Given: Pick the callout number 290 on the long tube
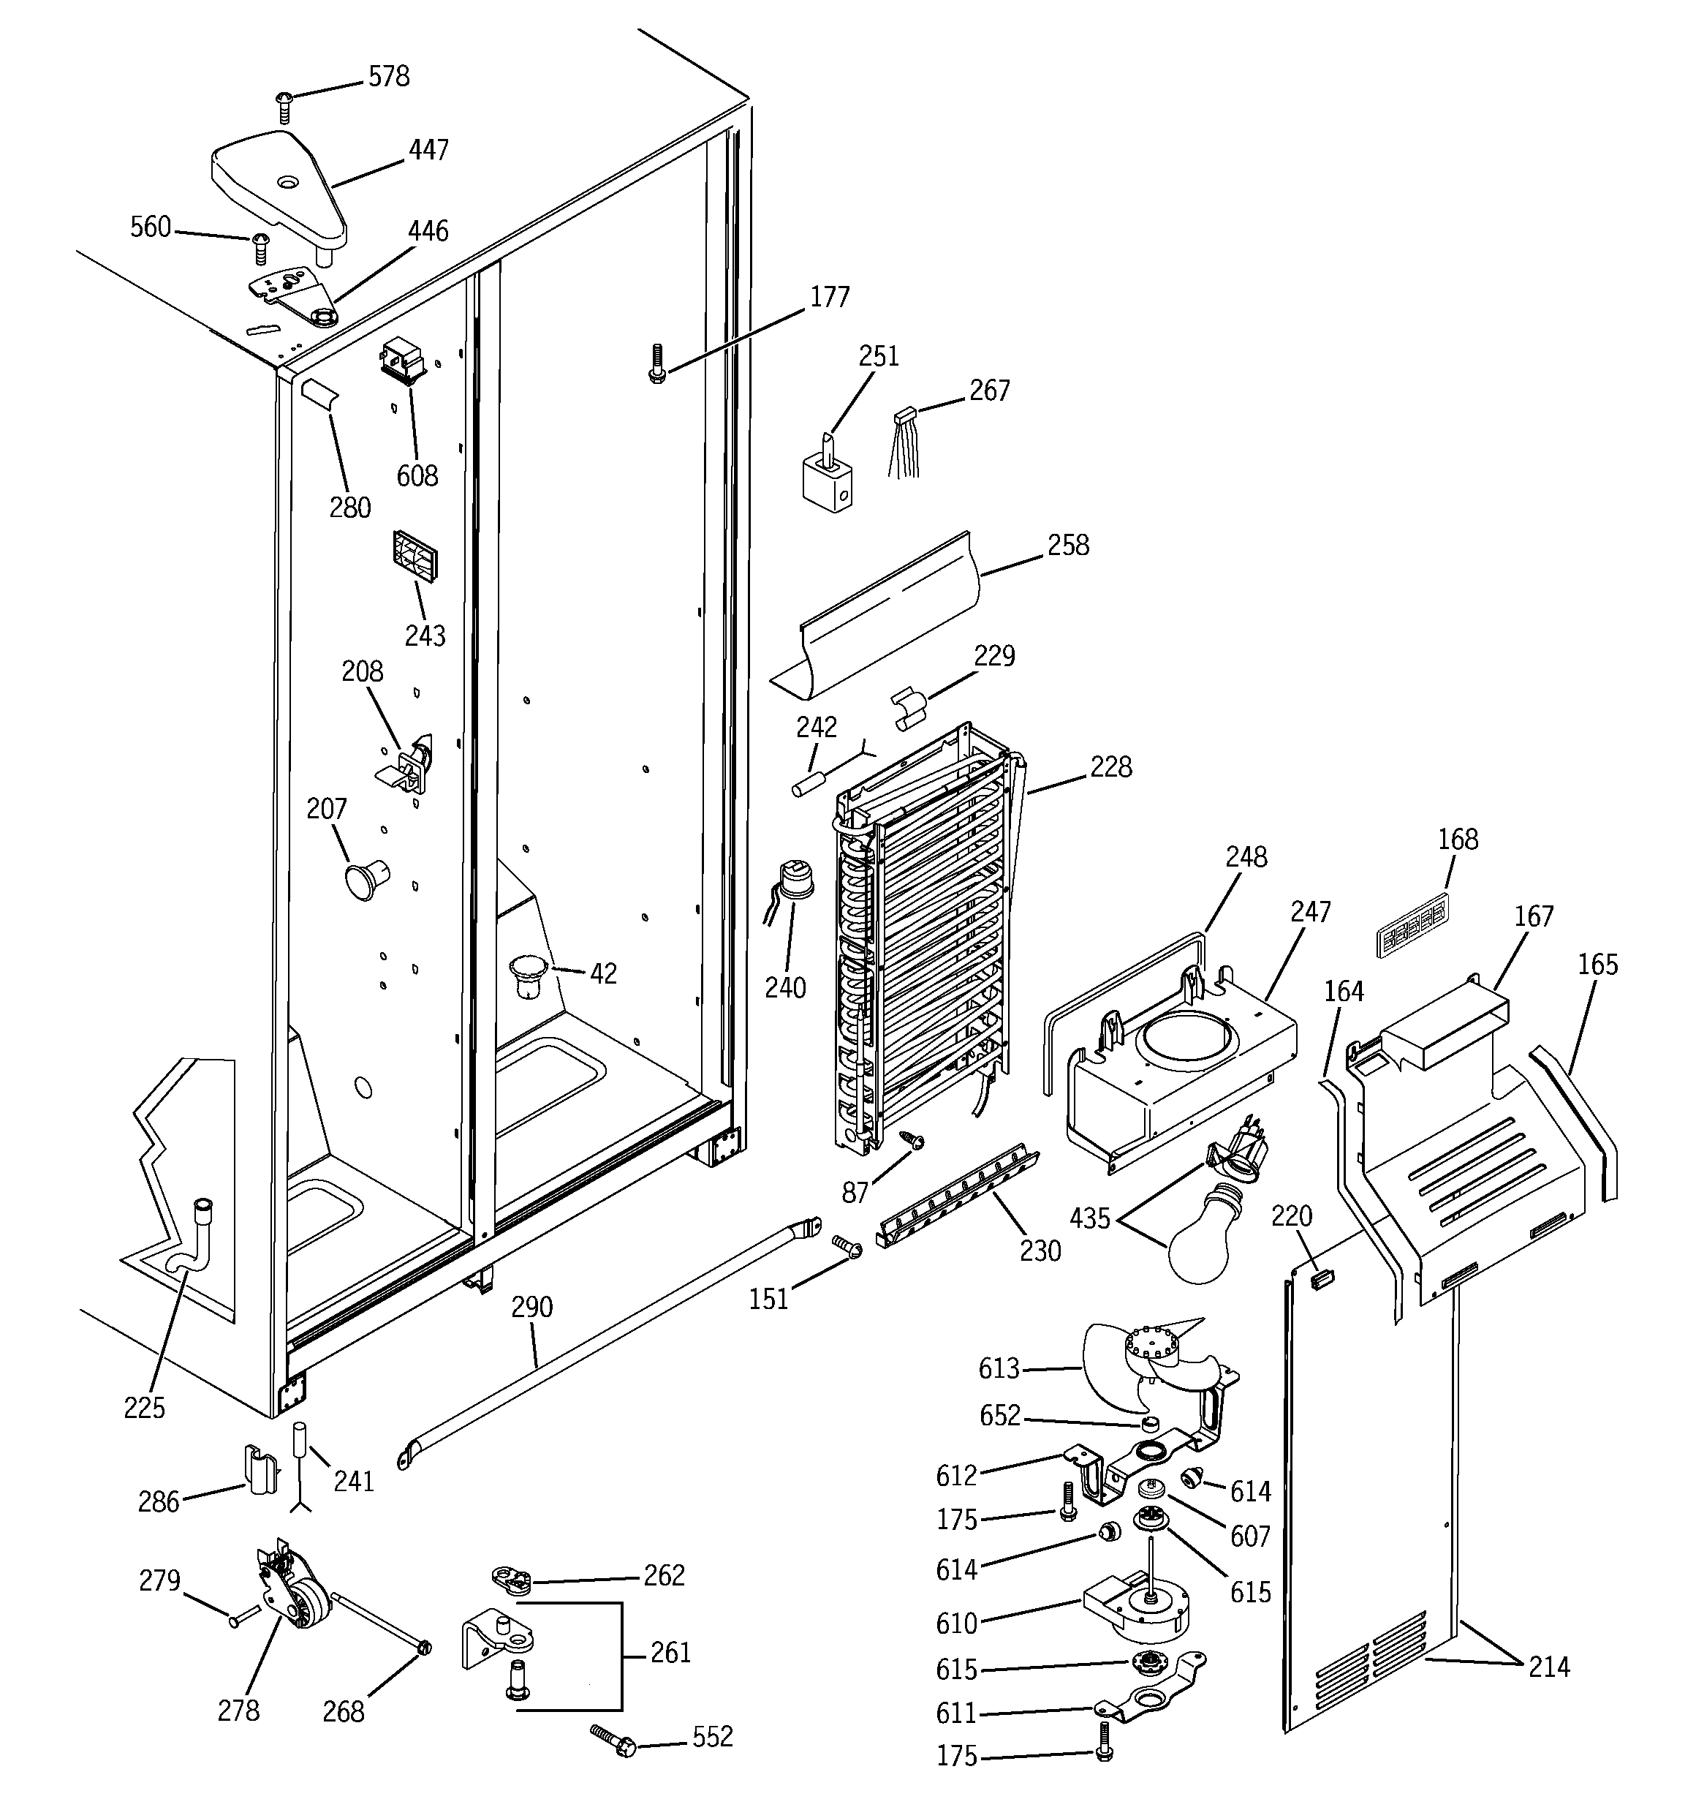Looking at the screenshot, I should pyautogui.click(x=531, y=1308).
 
